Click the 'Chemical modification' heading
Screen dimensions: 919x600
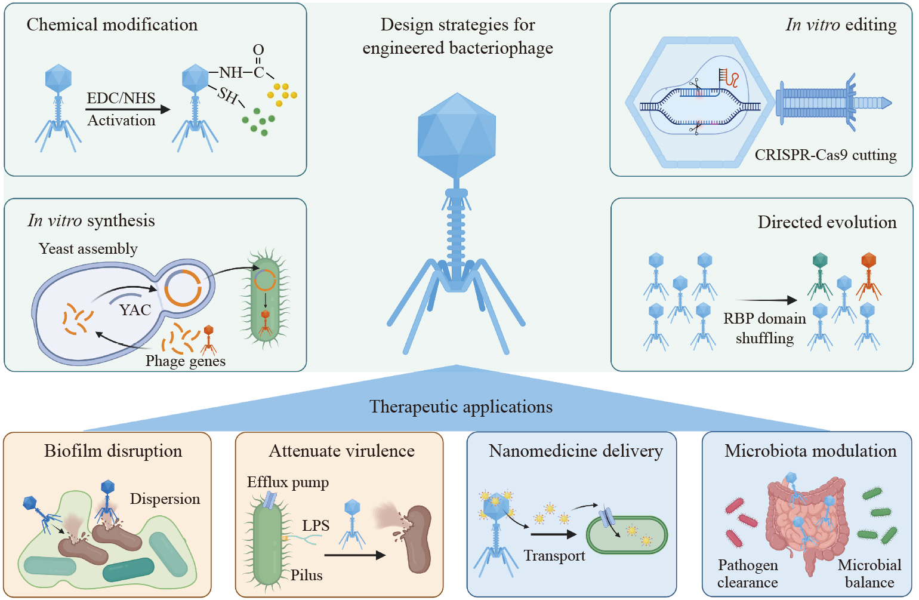pyautogui.click(x=112, y=25)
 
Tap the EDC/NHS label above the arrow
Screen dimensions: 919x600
pyautogui.click(x=121, y=98)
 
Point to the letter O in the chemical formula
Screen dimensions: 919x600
pyautogui.click(x=258, y=50)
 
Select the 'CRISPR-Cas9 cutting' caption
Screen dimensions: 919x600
pyautogui.click(x=825, y=155)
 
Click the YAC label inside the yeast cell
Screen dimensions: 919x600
pyautogui.click(x=135, y=310)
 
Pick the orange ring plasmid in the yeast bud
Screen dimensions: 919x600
pyautogui.click(x=183, y=288)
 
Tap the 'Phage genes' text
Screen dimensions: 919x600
pyautogui.click(x=186, y=361)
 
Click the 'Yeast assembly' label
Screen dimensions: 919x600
pyautogui.click(x=88, y=249)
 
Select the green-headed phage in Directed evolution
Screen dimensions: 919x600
pyautogui.click(x=820, y=276)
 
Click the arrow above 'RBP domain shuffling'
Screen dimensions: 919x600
pyautogui.click(x=765, y=300)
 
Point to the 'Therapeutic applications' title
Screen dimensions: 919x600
pyautogui.click(x=461, y=407)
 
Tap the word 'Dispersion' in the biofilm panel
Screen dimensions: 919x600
pyautogui.click(x=165, y=499)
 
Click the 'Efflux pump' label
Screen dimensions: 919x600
pyautogui.click(x=288, y=482)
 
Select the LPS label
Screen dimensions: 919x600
pyautogui.click(x=316, y=525)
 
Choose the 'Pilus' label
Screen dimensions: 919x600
pyautogui.click(x=307, y=576)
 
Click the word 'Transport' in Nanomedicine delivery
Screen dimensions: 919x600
pyautogui.click(x=554, y=556)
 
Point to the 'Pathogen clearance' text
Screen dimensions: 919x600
pyautogui.click(x=748, y=574)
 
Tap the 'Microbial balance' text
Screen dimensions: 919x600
pyautogui.click(x=869, y=574)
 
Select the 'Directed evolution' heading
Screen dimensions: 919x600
pyautogui.click(x=827, y=222)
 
